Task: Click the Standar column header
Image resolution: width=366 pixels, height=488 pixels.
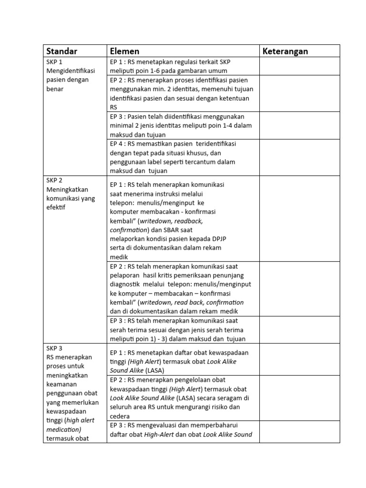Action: pyautogui.click(x=61, y=51)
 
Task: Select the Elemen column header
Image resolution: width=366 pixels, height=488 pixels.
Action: pyautogui.click(x=124, y=51)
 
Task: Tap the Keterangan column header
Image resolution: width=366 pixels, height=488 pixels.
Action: pyautogui.click(x=285, y=51)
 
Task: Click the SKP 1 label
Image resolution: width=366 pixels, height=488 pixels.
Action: pyautogui.click(x=54, y=62)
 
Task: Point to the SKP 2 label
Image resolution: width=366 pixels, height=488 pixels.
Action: pyautogui.click(x=54, y=180)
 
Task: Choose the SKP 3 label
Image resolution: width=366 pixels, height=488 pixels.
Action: pyautogui.click(x=54, y=348)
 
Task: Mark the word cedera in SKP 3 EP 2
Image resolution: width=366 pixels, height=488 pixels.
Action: pyautogui.click(x=120, y=416)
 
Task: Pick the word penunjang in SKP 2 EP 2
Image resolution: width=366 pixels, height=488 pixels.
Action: pyautogui.click(x=234, y=275)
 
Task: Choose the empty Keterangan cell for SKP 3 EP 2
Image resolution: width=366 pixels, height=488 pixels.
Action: pyautogui.click(x=299, y=398)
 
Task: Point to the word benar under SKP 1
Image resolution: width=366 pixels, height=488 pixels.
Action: pyautogui.click(x=55, y=89)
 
